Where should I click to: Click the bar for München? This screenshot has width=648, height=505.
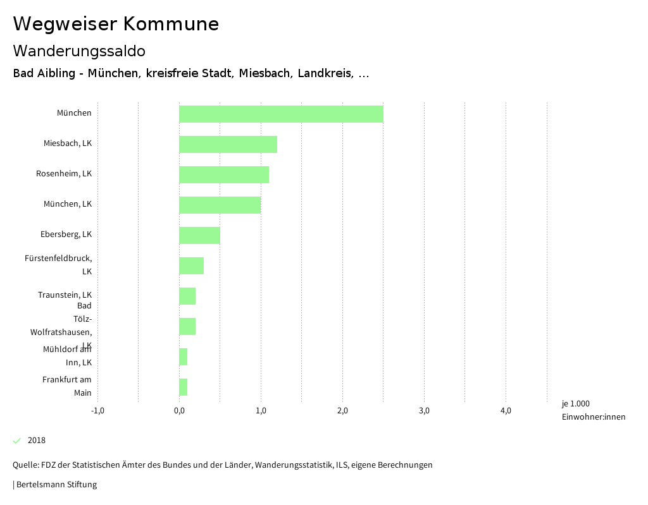coord(281,114)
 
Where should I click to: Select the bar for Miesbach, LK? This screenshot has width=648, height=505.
coord(228,144)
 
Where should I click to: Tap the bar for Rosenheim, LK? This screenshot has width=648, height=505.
coord(224,174)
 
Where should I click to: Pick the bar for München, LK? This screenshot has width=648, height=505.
coord(220,205)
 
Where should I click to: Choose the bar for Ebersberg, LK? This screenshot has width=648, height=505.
coord(199,235)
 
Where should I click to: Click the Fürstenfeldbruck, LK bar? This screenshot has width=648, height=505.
coord(191,265)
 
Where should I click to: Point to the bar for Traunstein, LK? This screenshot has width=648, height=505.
coord(187,296)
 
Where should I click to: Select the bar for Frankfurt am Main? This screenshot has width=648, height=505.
coord(183,387)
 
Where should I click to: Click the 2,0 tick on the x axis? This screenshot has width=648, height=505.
coord(342,411)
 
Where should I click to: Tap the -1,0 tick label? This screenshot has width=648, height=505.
coord(97,411)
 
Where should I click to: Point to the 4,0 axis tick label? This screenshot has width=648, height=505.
coord(506,411)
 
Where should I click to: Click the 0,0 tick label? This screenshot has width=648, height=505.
coord(179,411)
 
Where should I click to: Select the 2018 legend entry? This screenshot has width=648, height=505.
coord(37,441)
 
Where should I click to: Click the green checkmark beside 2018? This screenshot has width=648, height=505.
coord(17,441)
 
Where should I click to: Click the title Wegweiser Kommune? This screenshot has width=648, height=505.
coord(116,24)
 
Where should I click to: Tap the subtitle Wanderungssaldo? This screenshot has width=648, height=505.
coord(79,51)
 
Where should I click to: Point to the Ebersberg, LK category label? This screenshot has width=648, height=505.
coord(66,234)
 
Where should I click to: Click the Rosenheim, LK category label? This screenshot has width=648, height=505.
coord(64,174)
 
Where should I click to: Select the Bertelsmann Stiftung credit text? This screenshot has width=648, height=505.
coord(56,485)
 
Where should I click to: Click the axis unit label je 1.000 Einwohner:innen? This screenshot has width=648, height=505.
coord(593,410)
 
